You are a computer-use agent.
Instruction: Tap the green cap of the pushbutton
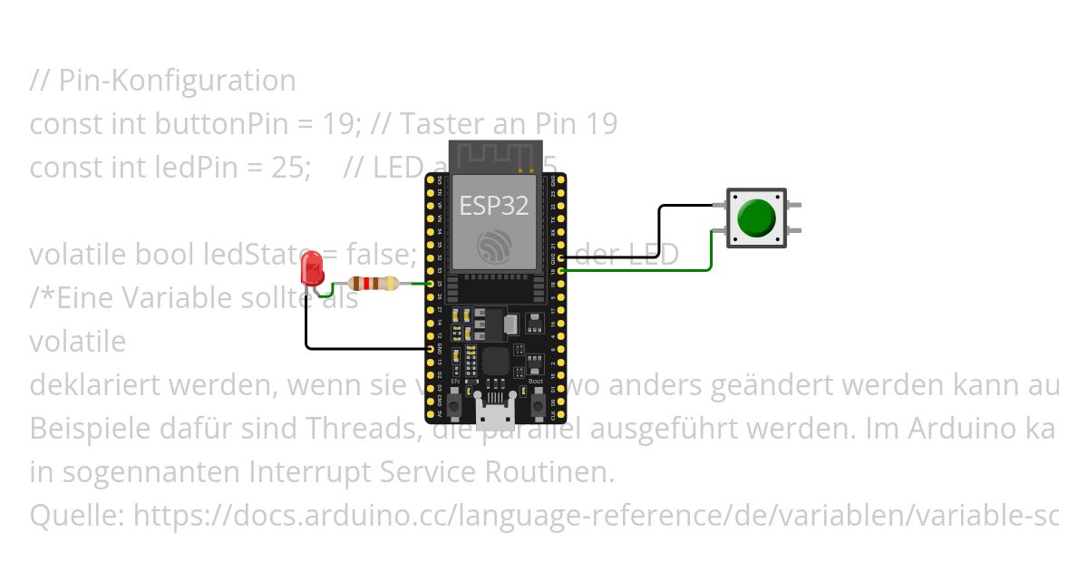point(755,218)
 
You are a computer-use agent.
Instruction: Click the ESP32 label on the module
point(494,206)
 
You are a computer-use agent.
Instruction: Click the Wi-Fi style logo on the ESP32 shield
point(494,246)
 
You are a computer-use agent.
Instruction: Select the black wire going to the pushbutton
point(660,227)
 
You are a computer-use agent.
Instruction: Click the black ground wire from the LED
point(363,348)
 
